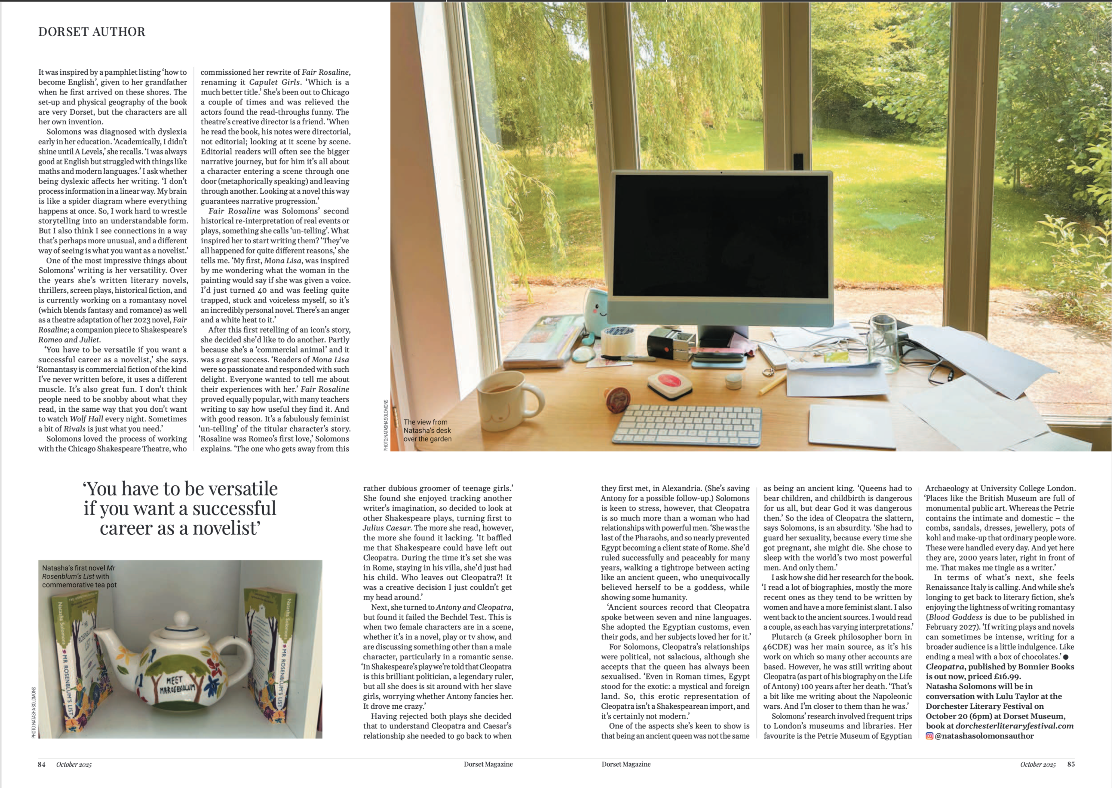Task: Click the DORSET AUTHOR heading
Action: tap(92, 32)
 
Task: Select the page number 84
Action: tap(42, 764)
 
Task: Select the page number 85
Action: tap(1071, 764)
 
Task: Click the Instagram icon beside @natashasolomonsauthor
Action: tap(929, 736)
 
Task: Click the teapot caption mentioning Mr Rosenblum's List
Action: tap(79, 576)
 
